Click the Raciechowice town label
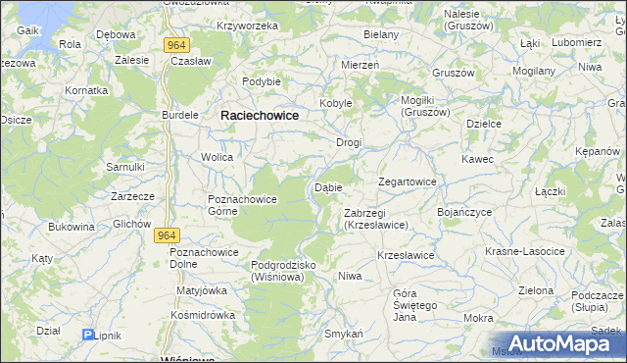click(x=260, y=115)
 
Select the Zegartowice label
click(x=407, y=181)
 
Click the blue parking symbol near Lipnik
click(x=88, y=335)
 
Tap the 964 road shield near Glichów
click(x=168, y=235)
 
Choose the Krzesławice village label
click(x=406, y=255)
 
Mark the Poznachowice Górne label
click(x=242, y=205)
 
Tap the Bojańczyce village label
click(x=463, y=212)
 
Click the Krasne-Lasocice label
click(x=525, y=252)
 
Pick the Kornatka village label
click(x=86, y=89)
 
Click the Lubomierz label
click(x=576, y=43)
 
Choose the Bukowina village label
click(x=72, y=227)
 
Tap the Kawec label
click(x=477, y=159)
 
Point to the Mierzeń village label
click(x=359, y=63)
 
